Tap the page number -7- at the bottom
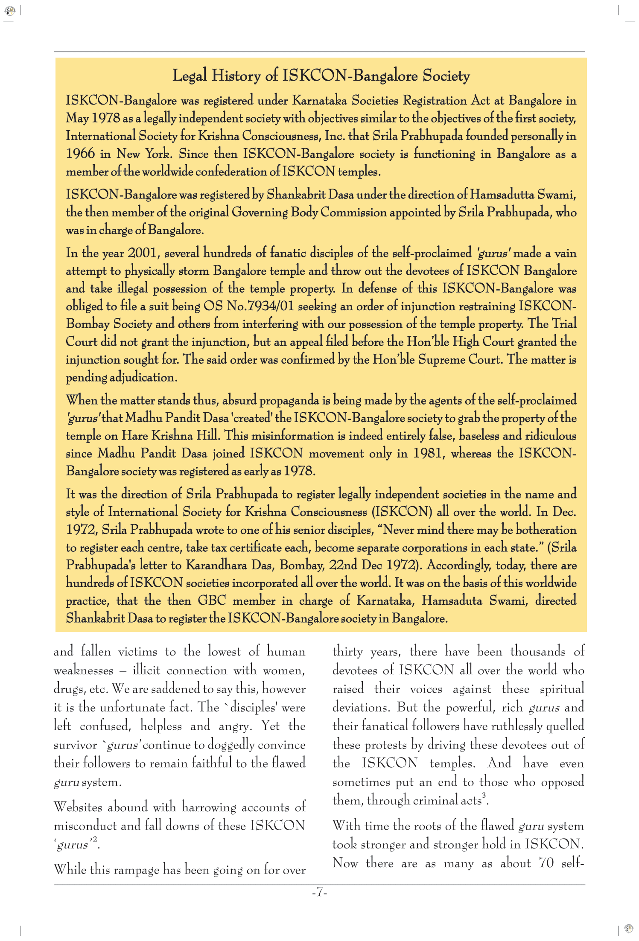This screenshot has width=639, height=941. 319,892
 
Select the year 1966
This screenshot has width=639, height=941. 80,154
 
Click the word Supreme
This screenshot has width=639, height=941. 441,359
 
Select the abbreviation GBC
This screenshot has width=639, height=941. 212,601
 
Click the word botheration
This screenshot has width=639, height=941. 546,530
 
